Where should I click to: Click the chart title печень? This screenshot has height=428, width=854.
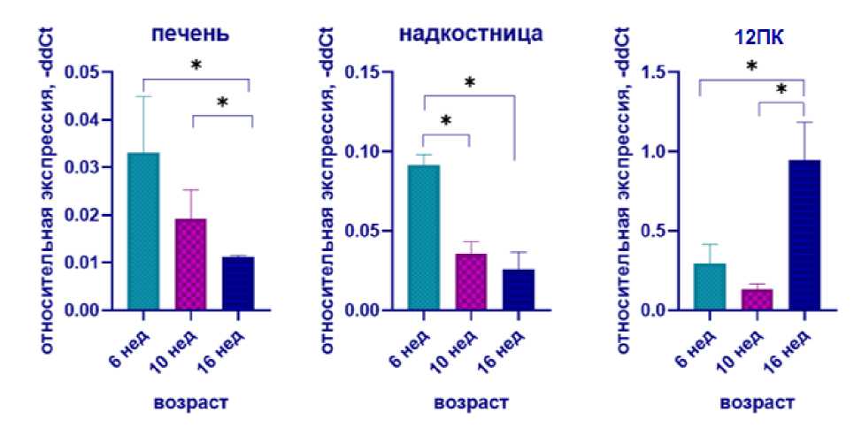click(191, 35)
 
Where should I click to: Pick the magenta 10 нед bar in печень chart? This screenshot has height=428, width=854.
click(190, 264)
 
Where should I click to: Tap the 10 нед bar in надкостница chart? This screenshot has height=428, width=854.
click(470, 282)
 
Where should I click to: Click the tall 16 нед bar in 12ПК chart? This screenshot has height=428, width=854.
click(804, 235)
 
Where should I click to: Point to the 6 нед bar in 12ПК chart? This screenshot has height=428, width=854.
click(709, 287)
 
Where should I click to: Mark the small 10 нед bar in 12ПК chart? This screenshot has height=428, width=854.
click(756, 300)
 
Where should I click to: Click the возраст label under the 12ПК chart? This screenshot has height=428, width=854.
click(757, 402)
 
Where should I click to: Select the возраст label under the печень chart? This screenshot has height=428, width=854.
click(191, 402)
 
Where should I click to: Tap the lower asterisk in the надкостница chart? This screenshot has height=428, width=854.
click(446, 120)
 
